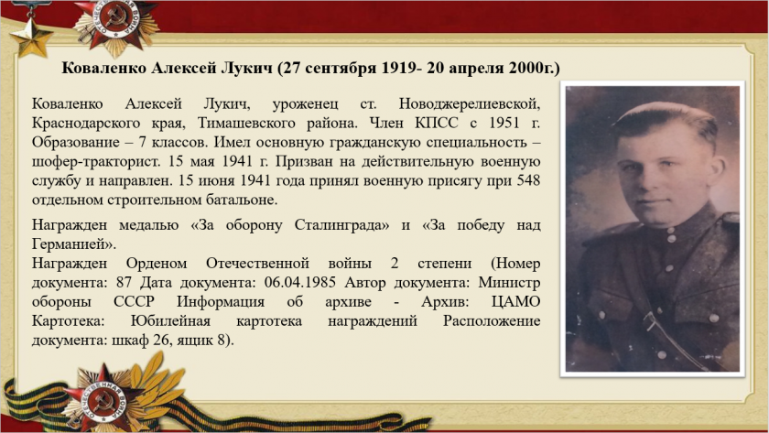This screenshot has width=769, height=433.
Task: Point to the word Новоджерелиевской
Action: coord(470,104)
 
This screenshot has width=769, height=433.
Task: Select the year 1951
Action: coord(504,123)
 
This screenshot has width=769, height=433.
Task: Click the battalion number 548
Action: coord(528,180)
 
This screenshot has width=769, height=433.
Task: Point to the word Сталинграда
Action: coord(341,225)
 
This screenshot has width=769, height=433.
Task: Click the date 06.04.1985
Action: coord(299,283)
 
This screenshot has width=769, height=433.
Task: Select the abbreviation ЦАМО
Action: coord(515,301)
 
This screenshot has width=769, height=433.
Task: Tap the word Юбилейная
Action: coord(170,321)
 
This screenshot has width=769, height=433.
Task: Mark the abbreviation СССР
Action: coord(134,301)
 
